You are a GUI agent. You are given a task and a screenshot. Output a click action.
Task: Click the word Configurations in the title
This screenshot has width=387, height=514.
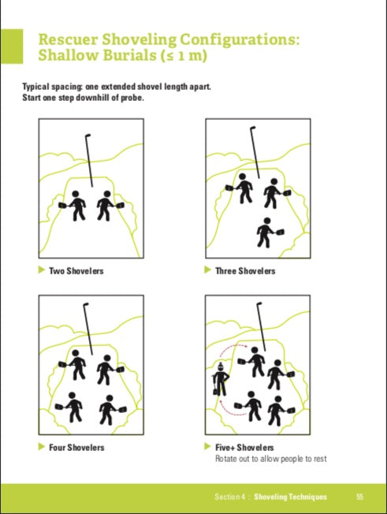tap(239, 40)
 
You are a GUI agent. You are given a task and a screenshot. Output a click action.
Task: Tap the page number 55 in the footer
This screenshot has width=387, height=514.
tap(359, 497)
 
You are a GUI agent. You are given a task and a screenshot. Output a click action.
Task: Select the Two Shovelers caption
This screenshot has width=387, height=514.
tap(76, 270)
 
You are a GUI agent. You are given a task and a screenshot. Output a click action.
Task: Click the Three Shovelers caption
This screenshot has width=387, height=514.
tap(245, 270)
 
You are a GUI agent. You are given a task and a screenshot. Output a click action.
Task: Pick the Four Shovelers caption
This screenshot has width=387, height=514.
tap(76, 448)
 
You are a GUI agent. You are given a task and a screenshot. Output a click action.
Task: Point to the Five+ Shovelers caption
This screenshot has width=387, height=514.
tap(244, 448)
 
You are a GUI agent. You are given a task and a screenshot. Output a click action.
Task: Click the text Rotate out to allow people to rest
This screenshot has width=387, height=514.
tap(270, 459)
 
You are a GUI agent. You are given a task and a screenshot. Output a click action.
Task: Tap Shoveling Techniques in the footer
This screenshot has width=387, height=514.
tap(290, 497)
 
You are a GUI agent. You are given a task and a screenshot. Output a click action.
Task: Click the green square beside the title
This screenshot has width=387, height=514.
tap(12, 47)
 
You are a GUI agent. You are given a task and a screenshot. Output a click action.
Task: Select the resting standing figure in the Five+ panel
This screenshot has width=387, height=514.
tap(220, 379)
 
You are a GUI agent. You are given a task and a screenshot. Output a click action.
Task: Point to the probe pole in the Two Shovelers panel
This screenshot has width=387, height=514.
tap(89, 161)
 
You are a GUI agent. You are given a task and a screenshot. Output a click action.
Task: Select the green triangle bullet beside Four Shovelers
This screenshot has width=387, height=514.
tap(41, 446)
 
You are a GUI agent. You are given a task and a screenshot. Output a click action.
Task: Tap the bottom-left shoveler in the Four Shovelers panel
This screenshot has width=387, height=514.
tap(70, 407)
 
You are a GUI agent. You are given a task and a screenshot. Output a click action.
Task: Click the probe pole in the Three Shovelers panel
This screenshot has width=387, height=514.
tap(255, 152)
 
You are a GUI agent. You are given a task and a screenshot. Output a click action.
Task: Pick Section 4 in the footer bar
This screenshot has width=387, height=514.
tap(229, 497)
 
